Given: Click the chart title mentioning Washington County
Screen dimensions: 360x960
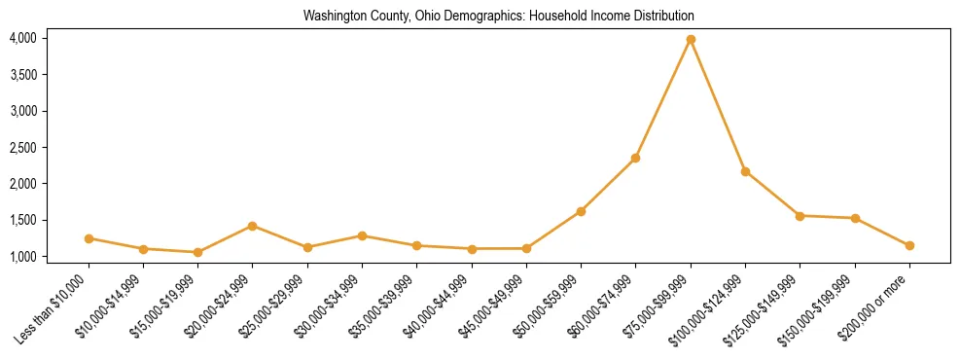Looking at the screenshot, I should point(498,17).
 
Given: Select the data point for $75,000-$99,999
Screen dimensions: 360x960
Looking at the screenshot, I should point(691,40).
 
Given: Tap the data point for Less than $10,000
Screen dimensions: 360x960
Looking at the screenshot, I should point(89,238).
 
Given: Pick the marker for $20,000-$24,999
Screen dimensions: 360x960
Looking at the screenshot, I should point(253,226).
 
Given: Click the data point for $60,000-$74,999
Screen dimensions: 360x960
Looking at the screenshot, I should point(635,158).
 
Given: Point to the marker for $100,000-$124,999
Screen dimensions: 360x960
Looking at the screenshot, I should point(745,171).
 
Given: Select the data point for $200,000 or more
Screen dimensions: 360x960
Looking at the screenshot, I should point(909,245).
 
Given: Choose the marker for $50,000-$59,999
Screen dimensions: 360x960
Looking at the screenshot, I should point(581,211).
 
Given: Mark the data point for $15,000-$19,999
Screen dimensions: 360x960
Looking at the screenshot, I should point(198,252).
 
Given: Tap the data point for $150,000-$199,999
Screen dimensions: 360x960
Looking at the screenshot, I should point(855,218).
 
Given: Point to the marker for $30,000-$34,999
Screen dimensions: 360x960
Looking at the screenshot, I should point(362,235).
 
